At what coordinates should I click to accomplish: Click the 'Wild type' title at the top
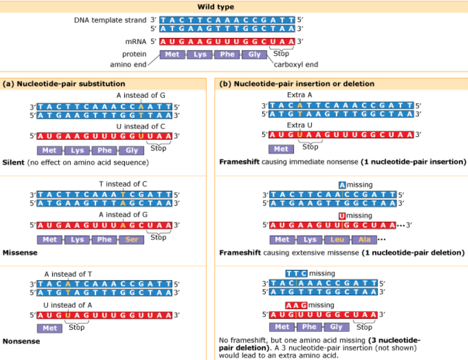point(215,6)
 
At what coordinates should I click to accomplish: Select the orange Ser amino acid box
point(132,239)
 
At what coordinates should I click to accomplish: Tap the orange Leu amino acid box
point(337,239)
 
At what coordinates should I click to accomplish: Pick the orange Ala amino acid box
point(364,239)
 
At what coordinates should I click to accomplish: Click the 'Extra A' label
point(300,95)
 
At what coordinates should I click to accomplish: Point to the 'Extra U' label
point(300,125)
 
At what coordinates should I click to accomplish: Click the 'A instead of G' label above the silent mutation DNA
point(140,95)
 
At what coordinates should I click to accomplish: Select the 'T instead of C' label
point(123,184)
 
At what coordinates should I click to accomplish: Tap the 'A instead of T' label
point(68,274)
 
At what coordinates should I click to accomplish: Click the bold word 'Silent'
point(13,163)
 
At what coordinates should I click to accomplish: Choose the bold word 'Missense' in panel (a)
point(20,253)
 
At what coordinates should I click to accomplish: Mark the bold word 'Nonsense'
point(21,341)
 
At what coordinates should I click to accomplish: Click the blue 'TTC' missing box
point(296,273)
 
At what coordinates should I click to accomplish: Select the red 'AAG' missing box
point(296,306)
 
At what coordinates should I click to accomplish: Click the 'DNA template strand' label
point(110,20)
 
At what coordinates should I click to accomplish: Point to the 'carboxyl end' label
point(296,65)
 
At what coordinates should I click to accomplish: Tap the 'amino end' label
point(128,65)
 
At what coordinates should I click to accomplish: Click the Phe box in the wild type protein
point(227,54)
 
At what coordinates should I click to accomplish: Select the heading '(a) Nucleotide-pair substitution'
point(64,84)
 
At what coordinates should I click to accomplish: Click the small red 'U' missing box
point(342,216)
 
